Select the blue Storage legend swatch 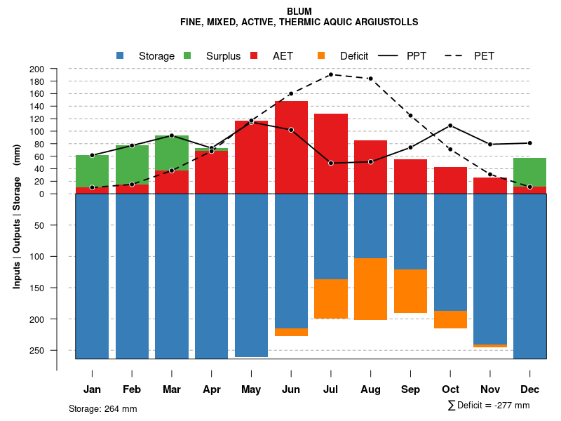tap(121, 55)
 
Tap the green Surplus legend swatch tap(188, 55)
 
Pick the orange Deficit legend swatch tap(322, 55)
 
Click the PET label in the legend tap(484, 55)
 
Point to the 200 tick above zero tap(57, 69)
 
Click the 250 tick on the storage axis tap(57, 350)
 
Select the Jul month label tap(330, 389)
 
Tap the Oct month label tap(450, 389)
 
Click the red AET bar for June tap(291, 147)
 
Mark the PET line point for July tap(330, 74)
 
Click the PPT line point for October tap(450, 126)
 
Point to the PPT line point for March tap(172, 135)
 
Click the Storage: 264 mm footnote tap(103, 408)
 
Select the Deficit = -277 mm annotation tap(489, 406)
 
